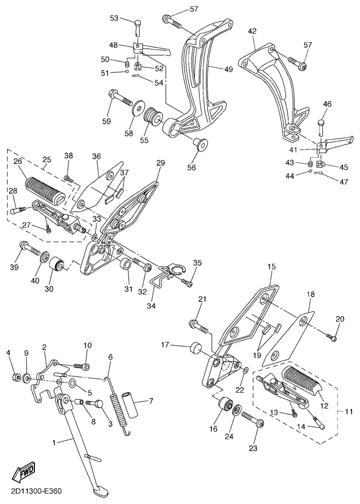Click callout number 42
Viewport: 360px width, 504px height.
click(252, 31)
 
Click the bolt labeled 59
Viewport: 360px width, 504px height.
click(122, 97)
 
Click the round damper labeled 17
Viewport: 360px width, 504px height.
click(196, 349)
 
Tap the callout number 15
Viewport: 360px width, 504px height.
click(271, 267)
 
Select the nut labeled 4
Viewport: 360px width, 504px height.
click(16, 376)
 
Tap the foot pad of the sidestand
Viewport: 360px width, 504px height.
click(101, 491)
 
